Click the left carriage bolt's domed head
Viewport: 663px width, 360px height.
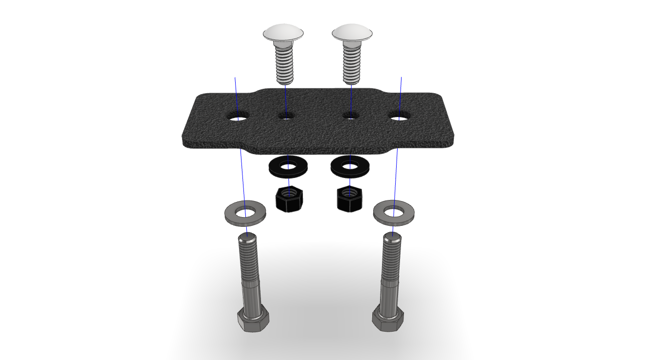point(283,34)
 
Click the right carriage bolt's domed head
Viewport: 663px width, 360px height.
point(352,34)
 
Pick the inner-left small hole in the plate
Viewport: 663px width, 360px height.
point(286,116)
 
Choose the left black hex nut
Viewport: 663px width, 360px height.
point(289,200)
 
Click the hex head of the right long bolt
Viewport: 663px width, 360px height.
point(388,320)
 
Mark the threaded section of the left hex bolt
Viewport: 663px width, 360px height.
point(249,259)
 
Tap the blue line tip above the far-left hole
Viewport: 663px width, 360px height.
point(235,78)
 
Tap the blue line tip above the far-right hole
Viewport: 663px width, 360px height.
point(401,78)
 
